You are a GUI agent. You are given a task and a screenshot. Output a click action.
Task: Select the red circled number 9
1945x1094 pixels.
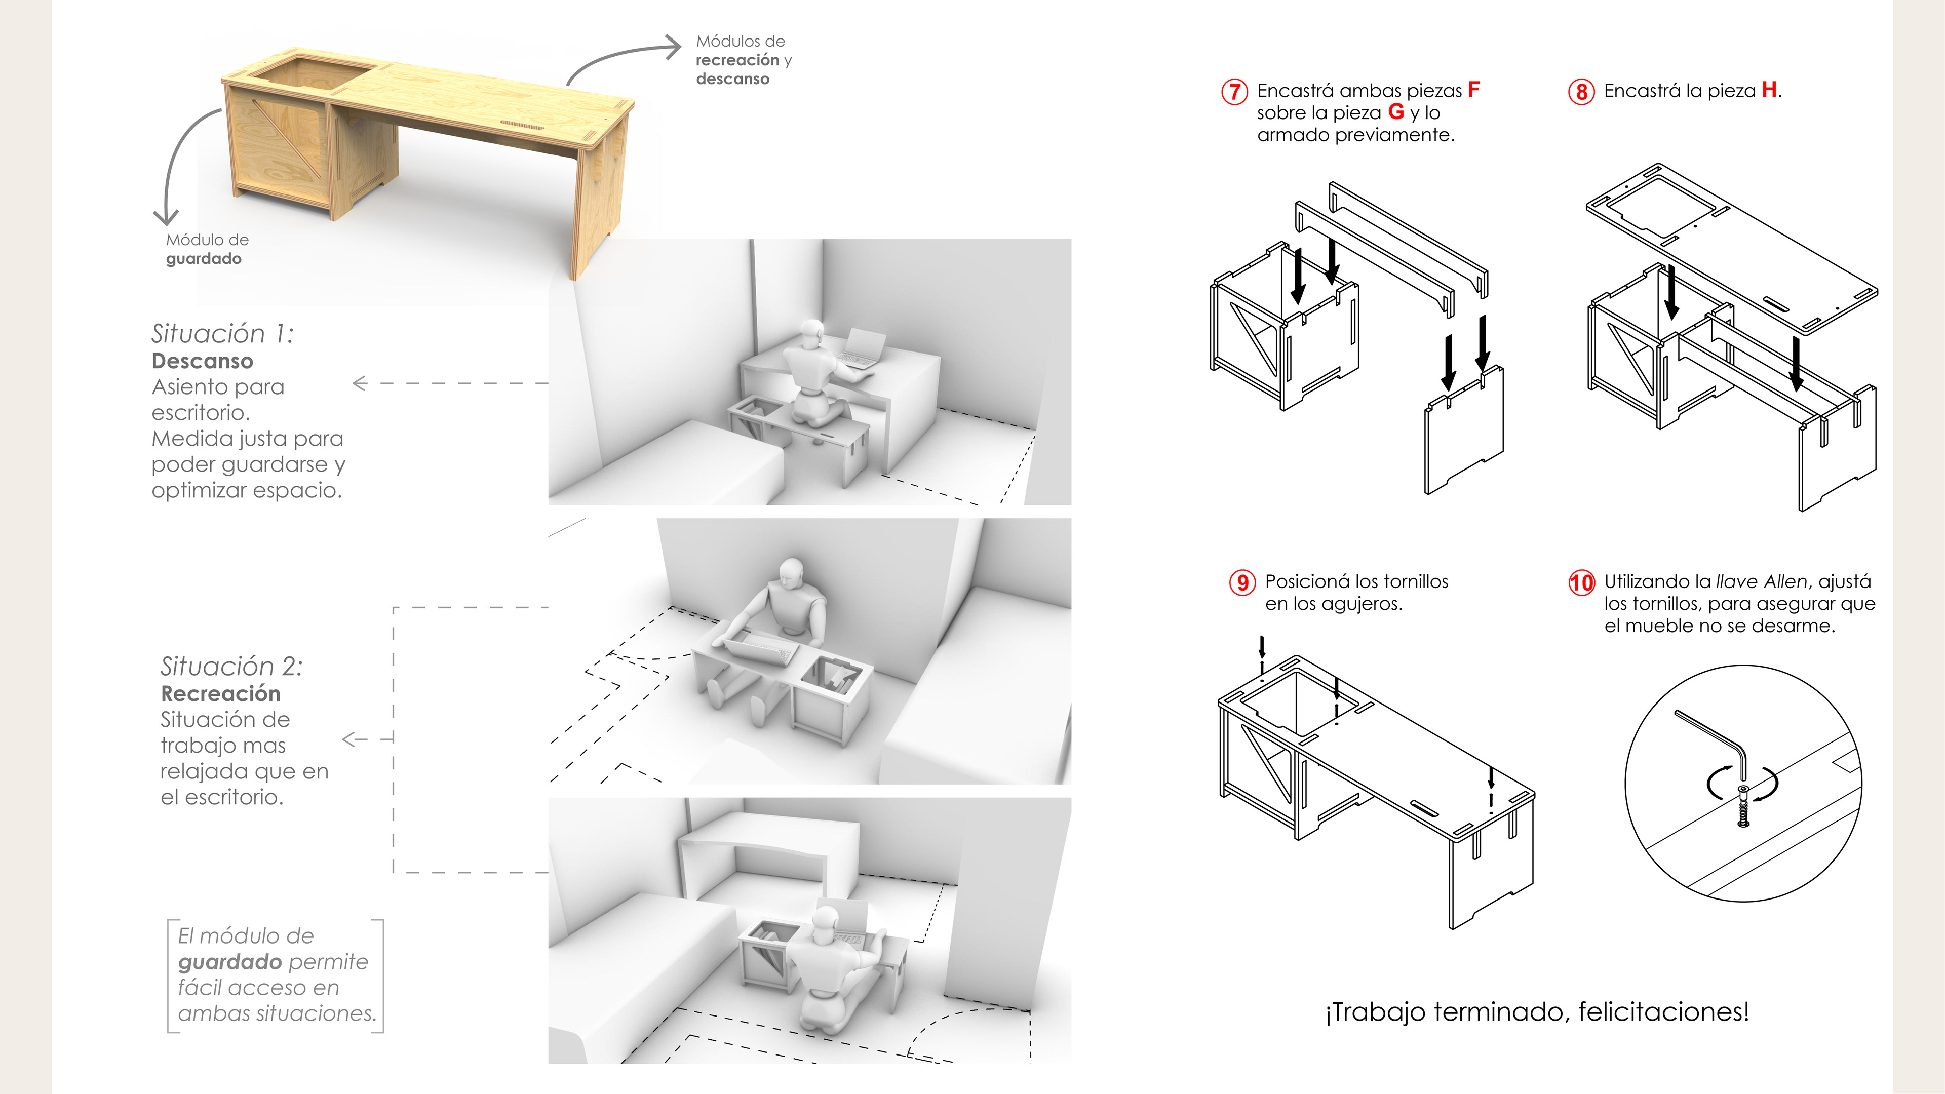[1242, 583]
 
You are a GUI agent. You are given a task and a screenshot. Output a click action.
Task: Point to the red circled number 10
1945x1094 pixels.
[1581, 583]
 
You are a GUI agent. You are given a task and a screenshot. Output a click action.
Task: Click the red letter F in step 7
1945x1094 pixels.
[1473, 90]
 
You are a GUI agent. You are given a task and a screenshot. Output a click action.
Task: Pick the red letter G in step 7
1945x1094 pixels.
[1396, 112]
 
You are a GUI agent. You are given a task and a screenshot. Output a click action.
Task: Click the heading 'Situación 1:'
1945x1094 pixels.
[223, 333]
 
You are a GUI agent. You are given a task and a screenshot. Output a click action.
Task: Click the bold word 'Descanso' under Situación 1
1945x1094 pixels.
[203, 361]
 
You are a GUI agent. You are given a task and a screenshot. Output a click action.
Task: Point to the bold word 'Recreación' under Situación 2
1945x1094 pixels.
[220, 693]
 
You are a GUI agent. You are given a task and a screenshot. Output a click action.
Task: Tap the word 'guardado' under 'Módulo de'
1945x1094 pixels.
[204, 259]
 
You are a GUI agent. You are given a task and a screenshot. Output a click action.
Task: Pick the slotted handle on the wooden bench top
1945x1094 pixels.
[523, 124]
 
